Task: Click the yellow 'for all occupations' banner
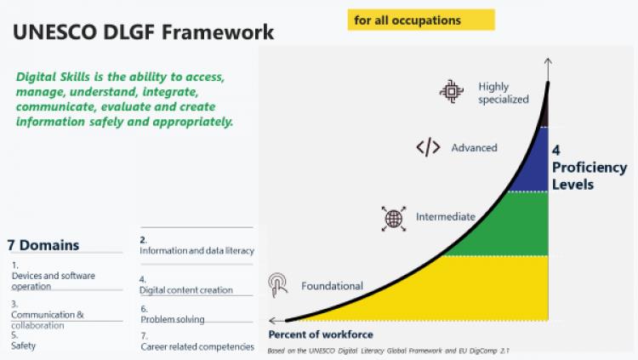pos(421,20)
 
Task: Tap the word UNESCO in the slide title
pos(55,32)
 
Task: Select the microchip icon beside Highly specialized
pos(451,91)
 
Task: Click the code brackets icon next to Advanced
pos(428,147)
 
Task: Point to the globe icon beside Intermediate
pos(394,219)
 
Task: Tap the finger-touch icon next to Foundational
pos(278,284)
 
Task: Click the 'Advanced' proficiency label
pos(474,147)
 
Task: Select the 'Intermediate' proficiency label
pos(446,217)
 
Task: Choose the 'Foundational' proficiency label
pos(332,286)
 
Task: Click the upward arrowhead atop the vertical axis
pos(548,61)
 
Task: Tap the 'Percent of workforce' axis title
pos(321,334)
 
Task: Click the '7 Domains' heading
pos(43,245)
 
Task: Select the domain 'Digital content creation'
pos(186,290)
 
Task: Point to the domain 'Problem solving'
pos(173,319)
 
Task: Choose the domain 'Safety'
pos(23,346)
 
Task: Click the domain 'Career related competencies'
pos(197,346)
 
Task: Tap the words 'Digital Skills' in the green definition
pos(53,77)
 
